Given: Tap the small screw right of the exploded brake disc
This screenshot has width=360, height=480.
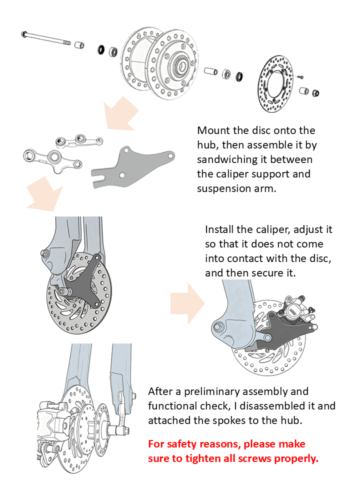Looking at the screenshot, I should [300, 77].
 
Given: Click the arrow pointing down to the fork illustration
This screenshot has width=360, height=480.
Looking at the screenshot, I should [45, 198].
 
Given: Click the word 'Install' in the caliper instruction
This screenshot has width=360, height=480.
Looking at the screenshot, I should [221, 229].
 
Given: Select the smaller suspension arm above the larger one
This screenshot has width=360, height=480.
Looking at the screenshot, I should [80, 140].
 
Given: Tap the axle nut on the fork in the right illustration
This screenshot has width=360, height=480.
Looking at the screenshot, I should [218, 326].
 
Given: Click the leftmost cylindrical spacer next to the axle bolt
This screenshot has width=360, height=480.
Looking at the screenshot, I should [79, 45].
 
